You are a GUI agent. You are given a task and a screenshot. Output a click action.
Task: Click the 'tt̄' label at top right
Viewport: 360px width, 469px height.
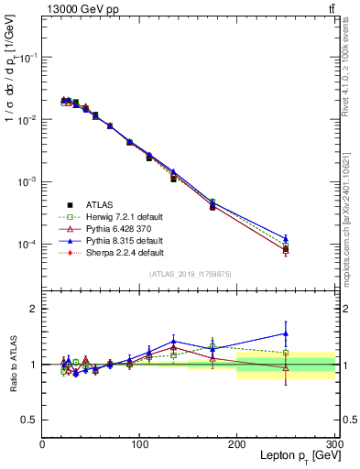pyautogui.click(x=331, y=9)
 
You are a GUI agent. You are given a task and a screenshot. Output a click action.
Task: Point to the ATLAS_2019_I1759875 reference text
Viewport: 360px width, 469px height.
pyautogui.click(x=189, y=273)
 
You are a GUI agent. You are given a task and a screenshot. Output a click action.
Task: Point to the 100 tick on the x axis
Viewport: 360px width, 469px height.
pyautogui.click(x=139, y=443)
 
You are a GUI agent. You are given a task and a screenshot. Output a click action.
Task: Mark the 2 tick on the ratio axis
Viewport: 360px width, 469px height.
pyautogui.click(x=34, y=309)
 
